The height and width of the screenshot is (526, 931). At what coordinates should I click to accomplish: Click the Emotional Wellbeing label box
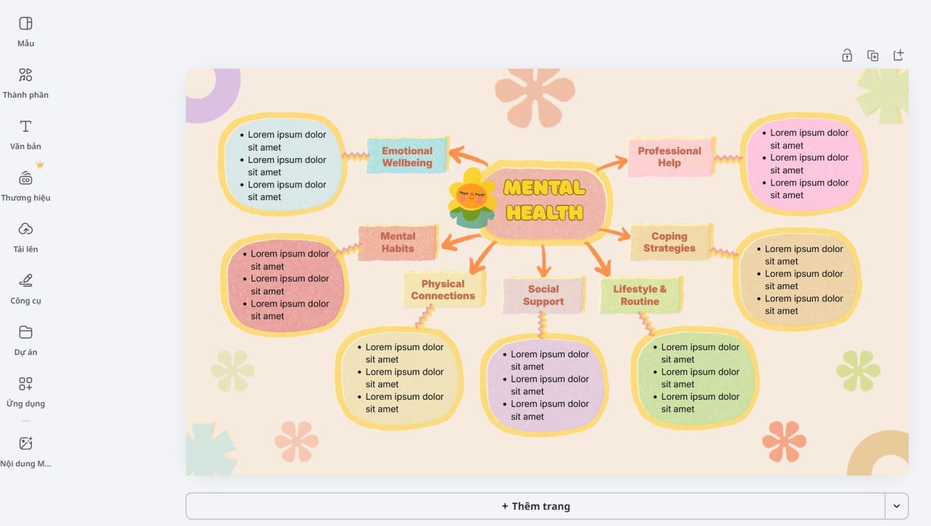click(x=407, y=156)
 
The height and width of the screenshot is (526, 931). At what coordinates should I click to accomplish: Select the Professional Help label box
click(x=669, y=157)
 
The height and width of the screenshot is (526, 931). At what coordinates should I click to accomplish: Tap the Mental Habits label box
click(x=398, y=242)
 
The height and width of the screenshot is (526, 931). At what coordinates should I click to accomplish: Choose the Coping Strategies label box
click(x=669, y=242)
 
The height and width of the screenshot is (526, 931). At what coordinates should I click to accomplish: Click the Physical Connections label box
click(x=443, y=290)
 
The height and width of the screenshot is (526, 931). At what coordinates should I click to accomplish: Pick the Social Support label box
click(x=543, y=295)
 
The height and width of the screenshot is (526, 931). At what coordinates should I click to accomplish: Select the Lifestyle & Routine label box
click(x=639, y=295)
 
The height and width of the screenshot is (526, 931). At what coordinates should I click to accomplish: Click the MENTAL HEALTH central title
click(x=544, y=200)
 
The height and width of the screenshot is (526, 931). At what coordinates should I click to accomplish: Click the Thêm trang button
click(x=535, y=506)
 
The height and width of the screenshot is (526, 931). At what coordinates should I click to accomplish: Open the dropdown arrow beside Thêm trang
click(x=896, y=506)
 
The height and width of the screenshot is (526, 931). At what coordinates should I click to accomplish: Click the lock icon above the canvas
click(x=847, y=55)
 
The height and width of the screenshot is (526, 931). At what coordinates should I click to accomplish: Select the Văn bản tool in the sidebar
click(x=26, y=134)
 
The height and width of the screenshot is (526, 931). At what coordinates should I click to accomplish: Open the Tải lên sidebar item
click(x=26, y=236)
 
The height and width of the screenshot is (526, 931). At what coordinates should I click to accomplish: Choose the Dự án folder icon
click(x=26, y=332)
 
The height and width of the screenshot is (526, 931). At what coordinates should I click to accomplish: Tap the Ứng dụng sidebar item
click(x=26, y=390)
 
